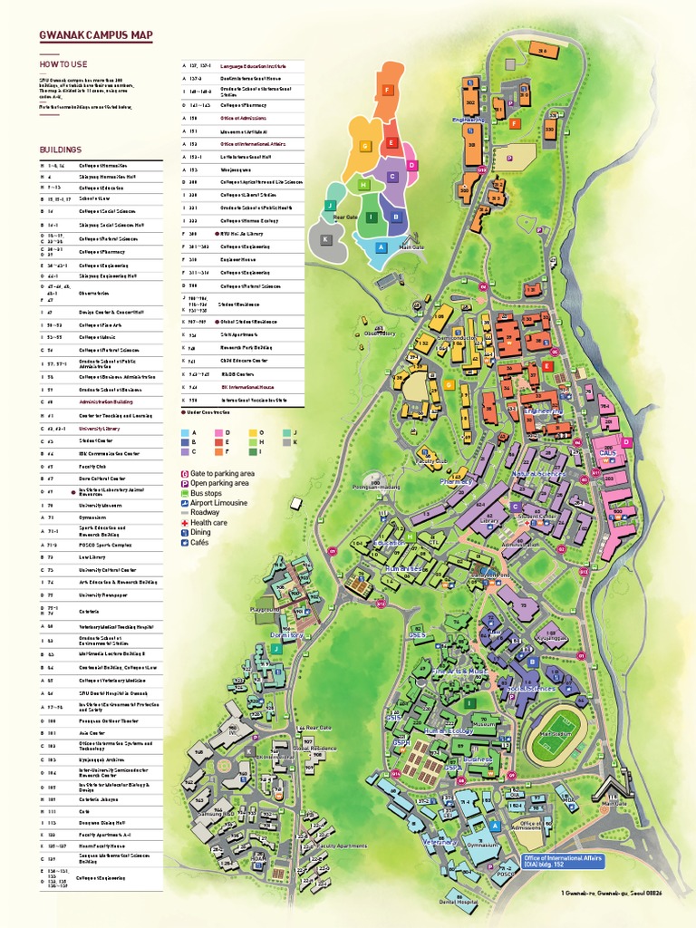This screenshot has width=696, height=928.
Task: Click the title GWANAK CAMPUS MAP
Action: coord(95,36)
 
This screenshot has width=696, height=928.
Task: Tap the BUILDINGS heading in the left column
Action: coord(60,150)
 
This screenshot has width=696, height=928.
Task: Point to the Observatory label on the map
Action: coord(380,333)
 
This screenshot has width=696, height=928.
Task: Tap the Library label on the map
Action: coord(490,521)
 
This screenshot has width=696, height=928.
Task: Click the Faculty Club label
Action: coord(431,460)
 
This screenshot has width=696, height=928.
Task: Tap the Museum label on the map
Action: coord(484,724)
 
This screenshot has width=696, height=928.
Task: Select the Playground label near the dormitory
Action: coord(266,611)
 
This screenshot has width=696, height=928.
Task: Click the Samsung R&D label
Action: coord(217,814)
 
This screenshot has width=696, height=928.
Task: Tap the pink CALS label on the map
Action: coord(607,452)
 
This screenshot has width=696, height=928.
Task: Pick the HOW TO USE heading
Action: coord(63,64)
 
